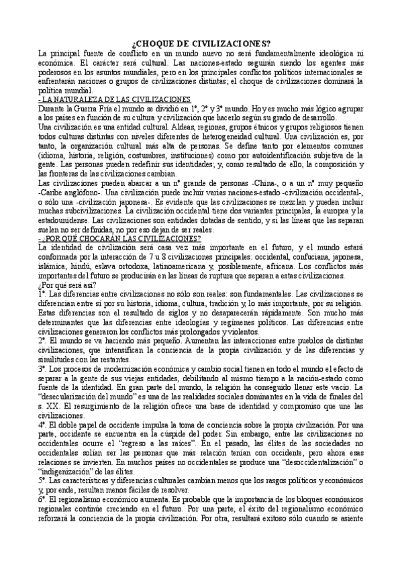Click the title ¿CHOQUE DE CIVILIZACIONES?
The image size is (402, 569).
(201, 43)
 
